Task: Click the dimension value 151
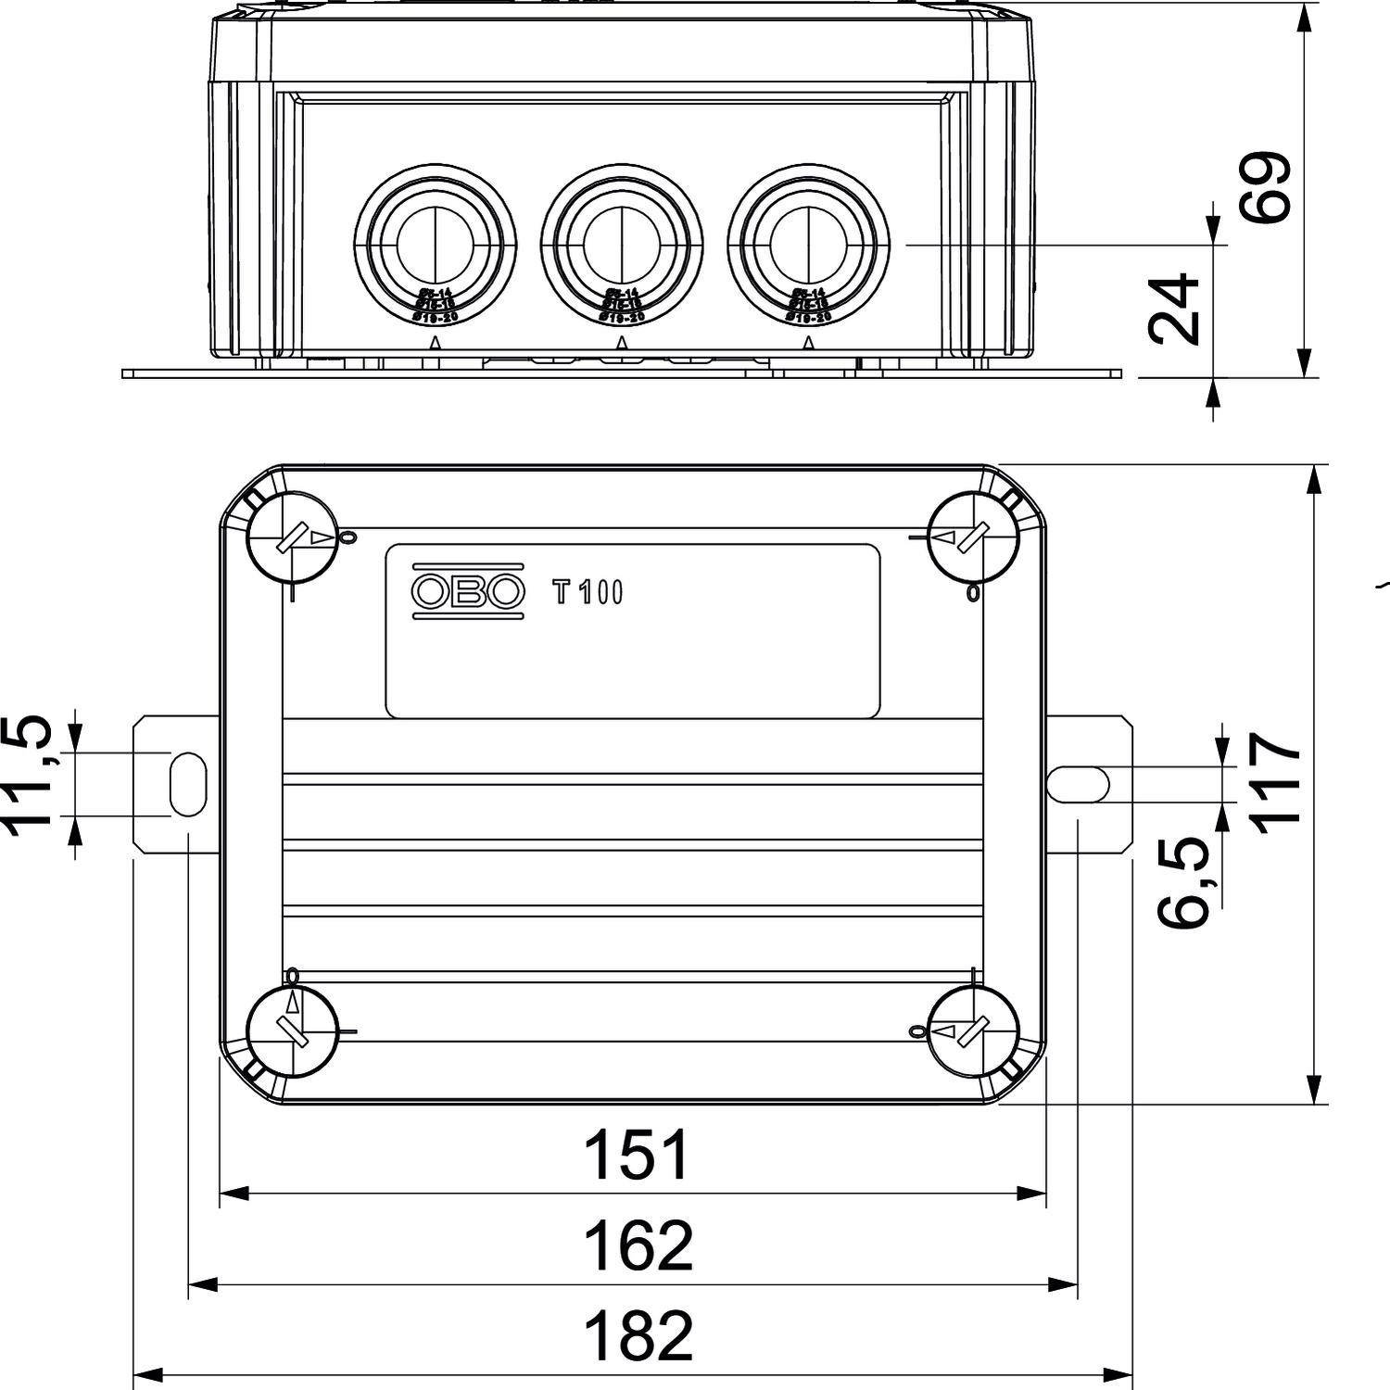click(x=637, y=1156)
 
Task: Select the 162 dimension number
click(x=637, y=1246)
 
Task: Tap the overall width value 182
click(x=637, y=1335)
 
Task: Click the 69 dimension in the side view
click(x=1266, y=187)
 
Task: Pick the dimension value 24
click(x=1174, y=309)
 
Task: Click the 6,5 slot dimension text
click(x=1185, y=881)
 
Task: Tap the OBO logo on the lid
click(x=468, y=590)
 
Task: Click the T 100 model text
click(x=588, y=592)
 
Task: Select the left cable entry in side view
click(x=435, y=245)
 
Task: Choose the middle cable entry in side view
click(x=622, y=245)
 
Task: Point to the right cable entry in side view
click(x=809, y=245)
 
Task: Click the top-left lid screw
click(x=292, y=537)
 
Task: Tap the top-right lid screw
click(x=972, y=537)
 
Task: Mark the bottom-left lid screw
click(x=292, y=1031)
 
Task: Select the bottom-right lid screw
click(x=972, y=1031)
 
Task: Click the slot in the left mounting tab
click(x=187, y=784)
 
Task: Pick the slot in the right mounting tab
click(x=1078, y=784)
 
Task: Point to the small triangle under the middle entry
click(x=622, y=343)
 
